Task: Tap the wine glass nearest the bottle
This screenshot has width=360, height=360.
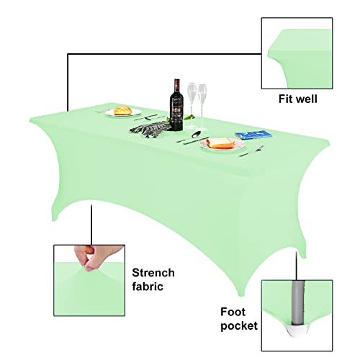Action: click(192, 106)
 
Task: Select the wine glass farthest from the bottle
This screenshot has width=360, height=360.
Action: click(202, 107)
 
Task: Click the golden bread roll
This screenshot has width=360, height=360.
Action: click(122, 111)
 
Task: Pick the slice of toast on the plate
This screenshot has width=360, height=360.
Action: click(220, 143)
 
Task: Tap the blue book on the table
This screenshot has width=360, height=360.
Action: click(253, 135)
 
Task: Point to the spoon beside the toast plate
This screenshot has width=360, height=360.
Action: click(196, 135)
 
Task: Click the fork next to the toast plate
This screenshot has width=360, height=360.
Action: click(251, 151)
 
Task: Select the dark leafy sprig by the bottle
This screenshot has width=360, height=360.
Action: click(150, 129)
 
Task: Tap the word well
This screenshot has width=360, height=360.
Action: click(307, 99)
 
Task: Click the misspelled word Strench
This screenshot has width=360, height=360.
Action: click(153, 273)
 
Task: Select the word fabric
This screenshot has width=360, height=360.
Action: click(148, 287)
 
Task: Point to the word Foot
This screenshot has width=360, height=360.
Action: click(233, 312)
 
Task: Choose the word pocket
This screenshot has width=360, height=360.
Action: click(239, 326)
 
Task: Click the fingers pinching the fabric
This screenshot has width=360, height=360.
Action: click(96, 257)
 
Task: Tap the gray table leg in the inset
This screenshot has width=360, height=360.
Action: click(297, 303)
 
